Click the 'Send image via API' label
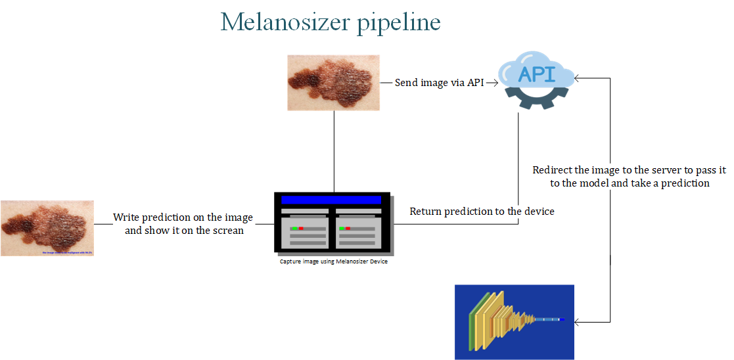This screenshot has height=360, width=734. [x=439, y=83]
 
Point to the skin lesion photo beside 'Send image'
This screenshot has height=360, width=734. [x=333, y=82]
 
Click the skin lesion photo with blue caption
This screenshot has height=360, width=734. [x=47, y=227]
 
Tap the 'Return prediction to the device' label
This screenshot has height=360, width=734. [x=482, y=212]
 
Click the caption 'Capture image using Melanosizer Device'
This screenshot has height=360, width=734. [x=334, y=262]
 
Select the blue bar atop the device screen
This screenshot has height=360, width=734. [x=331, y=200]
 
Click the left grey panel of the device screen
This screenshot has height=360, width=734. [x=304, y=231]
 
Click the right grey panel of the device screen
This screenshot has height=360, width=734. [x=359, y=231]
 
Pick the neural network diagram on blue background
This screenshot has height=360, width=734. [x=515, y=322]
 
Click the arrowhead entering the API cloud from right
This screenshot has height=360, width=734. [x=576, y=78]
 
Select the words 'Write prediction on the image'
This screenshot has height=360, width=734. [x=183, y=217]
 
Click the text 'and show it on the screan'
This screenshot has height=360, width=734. [x=184, y=231]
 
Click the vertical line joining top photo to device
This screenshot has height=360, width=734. [x=334, y=151]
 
